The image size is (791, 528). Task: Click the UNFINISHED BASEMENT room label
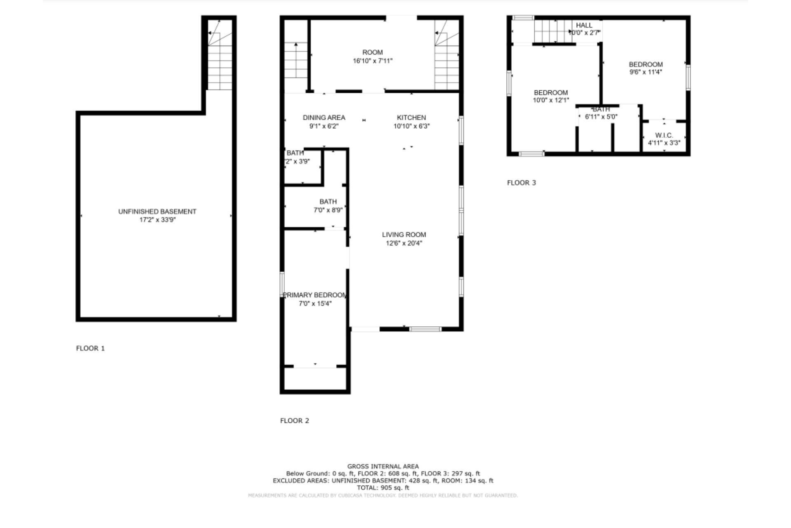(x=157, y=212)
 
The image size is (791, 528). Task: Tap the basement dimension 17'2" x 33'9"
(x=157, y=220)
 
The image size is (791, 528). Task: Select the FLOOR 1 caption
(x=90, y=348)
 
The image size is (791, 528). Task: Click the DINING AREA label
(x=324, y=118)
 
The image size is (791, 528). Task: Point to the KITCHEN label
(x=411, y=118)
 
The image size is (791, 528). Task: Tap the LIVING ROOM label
(x=404, y=235)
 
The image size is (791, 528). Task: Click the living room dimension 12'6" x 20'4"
(x=404, y=243)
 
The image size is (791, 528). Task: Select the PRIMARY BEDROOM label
(x=315, y=295)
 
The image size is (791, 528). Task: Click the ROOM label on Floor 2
(x=372, y=52)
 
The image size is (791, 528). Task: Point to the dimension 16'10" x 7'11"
(x=372, y=61)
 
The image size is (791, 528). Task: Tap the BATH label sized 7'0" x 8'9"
(x=328, y=202)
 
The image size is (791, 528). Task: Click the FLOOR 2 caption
(x=294, y=420)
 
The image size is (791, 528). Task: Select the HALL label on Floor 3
(x=584, y=26)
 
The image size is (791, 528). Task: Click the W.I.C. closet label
(x=664, y=135)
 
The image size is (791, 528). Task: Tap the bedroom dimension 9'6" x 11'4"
(x=646, y=72)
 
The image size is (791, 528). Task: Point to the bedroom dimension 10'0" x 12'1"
(x=551, y=100)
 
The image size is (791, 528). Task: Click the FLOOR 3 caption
(x=521, y=183)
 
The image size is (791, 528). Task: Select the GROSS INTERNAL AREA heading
(x=383, y=467)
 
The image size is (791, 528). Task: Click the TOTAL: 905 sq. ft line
(x=383, y=488)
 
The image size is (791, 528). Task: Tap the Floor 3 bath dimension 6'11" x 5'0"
(x=601, y=117)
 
